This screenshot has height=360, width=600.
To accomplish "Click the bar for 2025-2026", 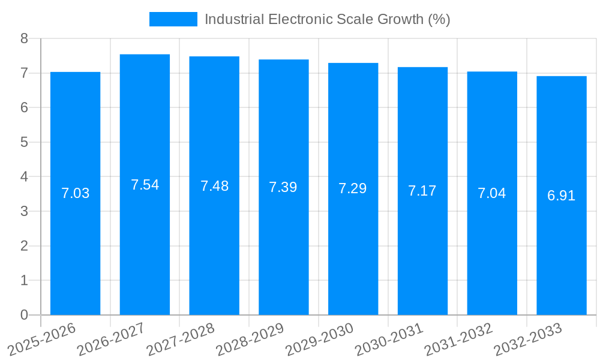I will (75, 252).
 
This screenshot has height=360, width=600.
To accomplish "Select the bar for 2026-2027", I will (145, 252).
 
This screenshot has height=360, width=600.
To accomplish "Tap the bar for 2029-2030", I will (353, 252).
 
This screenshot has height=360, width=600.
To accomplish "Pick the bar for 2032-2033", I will (561, 252).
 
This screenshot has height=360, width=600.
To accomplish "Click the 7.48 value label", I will (214, 186).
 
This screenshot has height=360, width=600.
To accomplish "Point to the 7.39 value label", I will (283, 187).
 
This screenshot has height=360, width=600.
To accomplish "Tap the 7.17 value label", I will (422, 191).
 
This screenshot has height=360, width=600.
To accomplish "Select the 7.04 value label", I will (492, 193).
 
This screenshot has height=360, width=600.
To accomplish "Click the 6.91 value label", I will (561, 196).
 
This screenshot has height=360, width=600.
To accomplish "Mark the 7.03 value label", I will (75, 193).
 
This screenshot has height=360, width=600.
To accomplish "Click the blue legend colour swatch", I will (173, 19).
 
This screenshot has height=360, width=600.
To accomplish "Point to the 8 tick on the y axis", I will (25, 38).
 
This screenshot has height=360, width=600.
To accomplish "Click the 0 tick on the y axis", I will (25, 315).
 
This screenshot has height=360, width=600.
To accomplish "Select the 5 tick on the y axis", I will (25, 142).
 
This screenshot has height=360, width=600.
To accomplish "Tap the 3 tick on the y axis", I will (25, 211).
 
